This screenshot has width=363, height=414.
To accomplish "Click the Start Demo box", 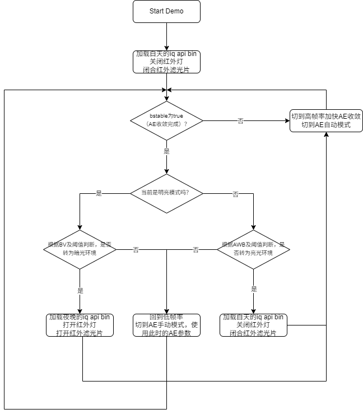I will pos(166,11).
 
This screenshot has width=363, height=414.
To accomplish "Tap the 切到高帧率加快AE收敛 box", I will pos(326,120).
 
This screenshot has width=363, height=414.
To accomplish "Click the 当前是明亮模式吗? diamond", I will pos(166,193).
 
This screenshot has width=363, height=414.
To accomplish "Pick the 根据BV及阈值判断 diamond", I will pos(80,249).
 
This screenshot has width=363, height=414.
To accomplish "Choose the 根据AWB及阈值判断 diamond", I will pos(253,249).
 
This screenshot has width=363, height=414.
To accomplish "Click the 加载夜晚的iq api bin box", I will pos(80,325).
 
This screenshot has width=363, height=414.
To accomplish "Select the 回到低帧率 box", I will pos(166,325).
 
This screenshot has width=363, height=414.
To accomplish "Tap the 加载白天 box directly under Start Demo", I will pos(166,62).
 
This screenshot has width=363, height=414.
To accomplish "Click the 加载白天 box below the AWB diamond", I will pos(253,325).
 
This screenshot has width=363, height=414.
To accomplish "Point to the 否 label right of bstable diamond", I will pos(240,120).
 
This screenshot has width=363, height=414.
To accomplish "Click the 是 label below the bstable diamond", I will pos(166,151).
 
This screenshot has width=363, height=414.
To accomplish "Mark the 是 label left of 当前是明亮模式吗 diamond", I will pos(99,193).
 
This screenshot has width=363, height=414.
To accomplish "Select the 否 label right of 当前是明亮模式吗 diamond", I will pos(235,194).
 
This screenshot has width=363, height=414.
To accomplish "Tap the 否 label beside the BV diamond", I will pos(136,250).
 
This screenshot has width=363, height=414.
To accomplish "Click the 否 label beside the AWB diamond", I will pos(196,250).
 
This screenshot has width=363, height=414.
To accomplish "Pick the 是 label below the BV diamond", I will pos(80,291).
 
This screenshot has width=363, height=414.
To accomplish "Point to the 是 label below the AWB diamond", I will pos(254,289).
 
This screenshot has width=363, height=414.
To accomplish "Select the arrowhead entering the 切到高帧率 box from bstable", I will pos(286,120).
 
